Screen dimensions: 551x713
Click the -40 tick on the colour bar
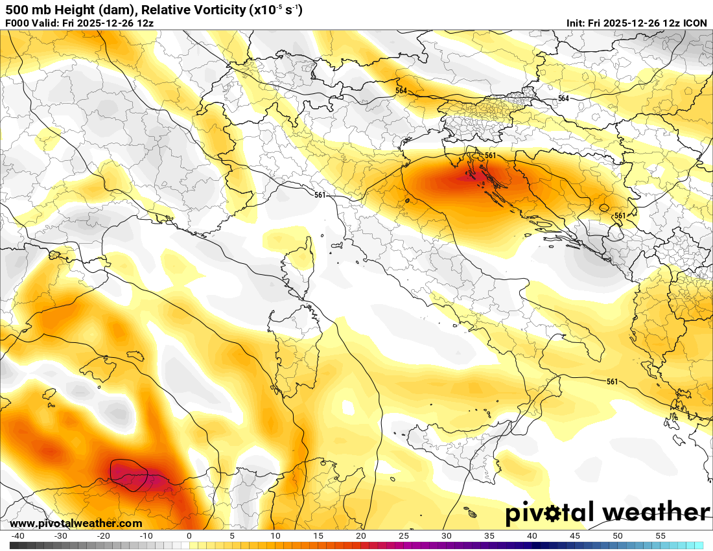pyautogui.click(x=18, y=536)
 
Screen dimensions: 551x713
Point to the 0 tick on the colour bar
pyautogui.click(x=189, y=536)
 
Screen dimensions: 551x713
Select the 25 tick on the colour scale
pyautogui.click(x=404, y=536)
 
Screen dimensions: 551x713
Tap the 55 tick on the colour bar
pyautogui.click(x=660, y=536)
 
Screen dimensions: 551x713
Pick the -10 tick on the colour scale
pyautogui.click(x=146, y=536)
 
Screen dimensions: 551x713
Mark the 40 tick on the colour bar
pyautogui.click(x=532, y=536)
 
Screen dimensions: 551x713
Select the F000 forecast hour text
pyautogui.click(x=18, y=23)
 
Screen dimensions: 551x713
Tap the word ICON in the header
pyautogui.click(x=696, y=23)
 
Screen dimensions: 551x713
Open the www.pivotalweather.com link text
pyautogui.click(x=76, y=524)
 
